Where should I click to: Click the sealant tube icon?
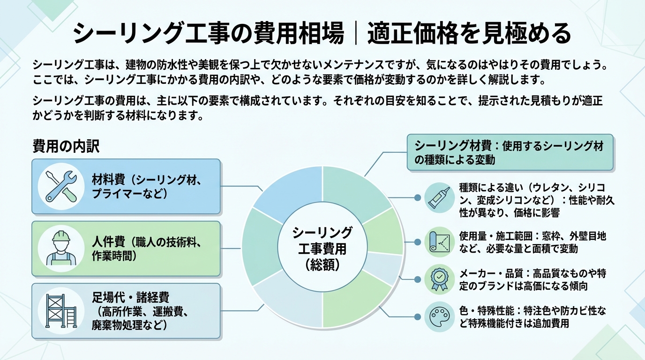pos(440,198)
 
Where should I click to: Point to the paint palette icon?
pos(440,316)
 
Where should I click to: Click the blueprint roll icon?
pos(440,242)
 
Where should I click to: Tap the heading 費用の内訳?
pos(66,146)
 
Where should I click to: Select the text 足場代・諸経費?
pos(131,297)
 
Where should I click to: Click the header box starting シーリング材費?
pos(510,152)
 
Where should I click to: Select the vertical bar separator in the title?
pos(356,34)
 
